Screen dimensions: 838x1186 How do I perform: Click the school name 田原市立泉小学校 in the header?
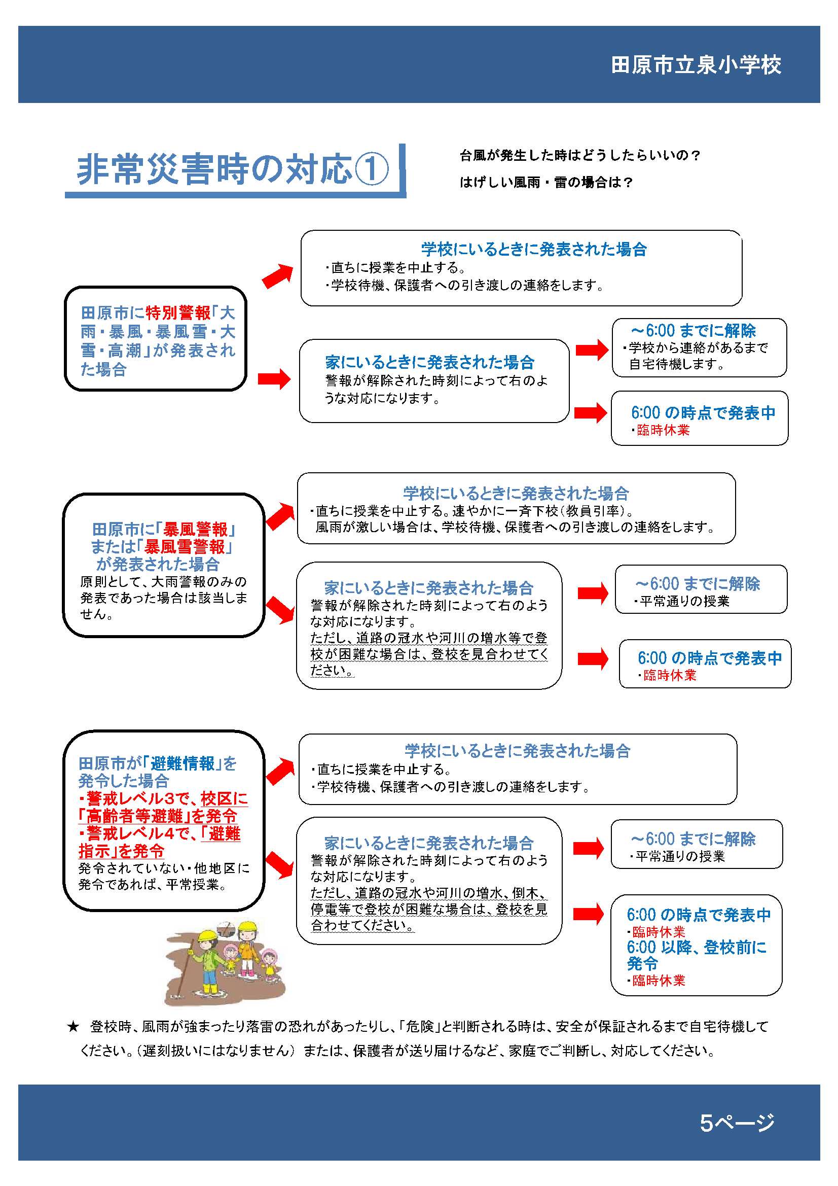pos(696,65)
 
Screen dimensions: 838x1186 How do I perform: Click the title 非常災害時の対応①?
pos(233,169)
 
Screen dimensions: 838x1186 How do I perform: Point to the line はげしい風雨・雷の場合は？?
pos(546,182)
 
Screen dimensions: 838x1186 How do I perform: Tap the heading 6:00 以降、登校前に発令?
pos(697,955)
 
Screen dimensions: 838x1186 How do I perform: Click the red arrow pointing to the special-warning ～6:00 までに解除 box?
pos(592,350)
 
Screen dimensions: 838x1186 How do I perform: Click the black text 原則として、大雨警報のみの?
pos(163,582)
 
